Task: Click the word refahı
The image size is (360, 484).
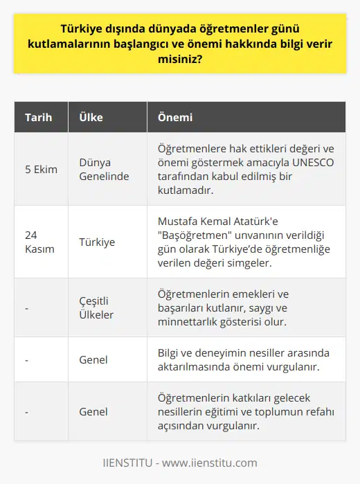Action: [318, 412]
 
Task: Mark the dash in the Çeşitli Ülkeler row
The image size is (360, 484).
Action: [26, 307]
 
